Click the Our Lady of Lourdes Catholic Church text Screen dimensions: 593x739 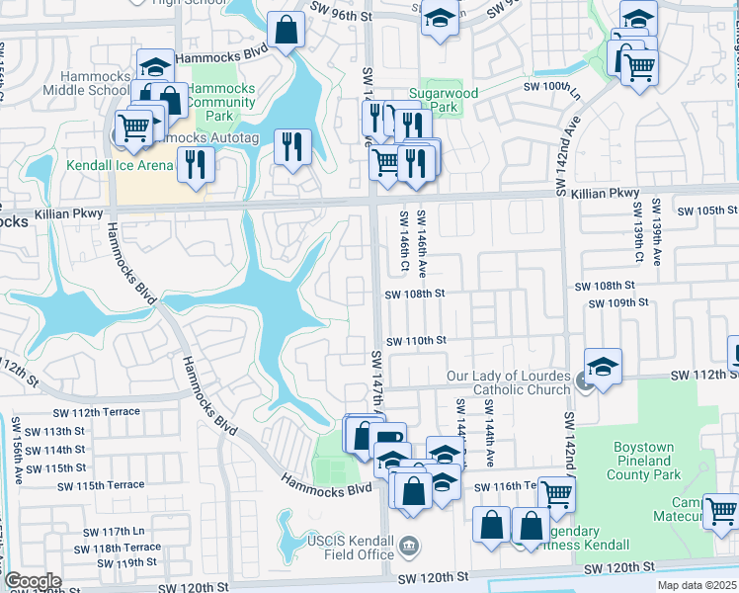point(508,382)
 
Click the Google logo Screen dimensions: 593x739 point(33,581)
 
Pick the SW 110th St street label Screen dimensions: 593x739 point(416,341)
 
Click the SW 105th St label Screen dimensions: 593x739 point(707,212)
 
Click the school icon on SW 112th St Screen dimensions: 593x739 point(603,365)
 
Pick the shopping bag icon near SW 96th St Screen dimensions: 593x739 point(286,30)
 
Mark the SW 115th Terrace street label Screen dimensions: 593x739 point(100,485)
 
